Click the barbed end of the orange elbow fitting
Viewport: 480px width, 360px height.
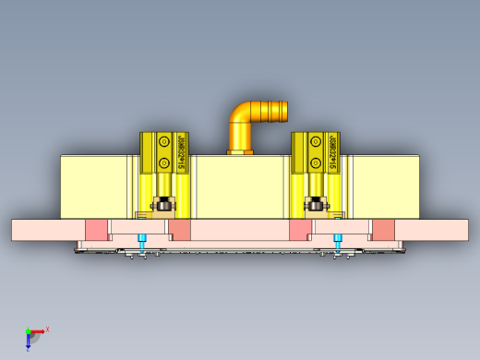tap(276, 112)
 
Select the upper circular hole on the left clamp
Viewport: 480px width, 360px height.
tap(163, 142)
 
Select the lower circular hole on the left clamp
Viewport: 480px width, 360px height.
tap(163, 163)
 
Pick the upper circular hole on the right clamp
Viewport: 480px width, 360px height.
tap(316, 142)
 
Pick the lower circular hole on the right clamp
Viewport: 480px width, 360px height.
tap(316, 163)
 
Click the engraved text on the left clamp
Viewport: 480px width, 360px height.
tap(181, 153)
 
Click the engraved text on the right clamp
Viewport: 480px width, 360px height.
tap(332, 153)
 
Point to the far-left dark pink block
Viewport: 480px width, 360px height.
tap(95, 230)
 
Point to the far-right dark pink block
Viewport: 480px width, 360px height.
tap(383, 230)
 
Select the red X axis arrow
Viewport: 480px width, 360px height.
tap(38, 330)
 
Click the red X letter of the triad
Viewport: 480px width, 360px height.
tap(47, 329)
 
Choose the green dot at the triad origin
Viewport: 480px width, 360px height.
tap(28, 330)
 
